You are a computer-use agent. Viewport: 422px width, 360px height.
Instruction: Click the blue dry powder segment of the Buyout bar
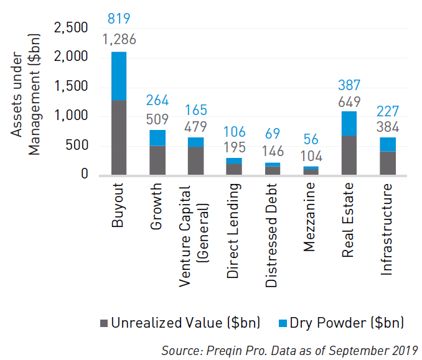point(119,76)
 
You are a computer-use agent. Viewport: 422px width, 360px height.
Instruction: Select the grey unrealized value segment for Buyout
point(119,137)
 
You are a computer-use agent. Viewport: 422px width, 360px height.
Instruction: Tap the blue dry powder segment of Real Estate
point(349,123)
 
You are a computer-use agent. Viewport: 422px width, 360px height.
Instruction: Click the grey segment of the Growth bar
point(157,160)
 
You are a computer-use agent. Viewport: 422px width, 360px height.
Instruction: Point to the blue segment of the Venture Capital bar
point(195,142)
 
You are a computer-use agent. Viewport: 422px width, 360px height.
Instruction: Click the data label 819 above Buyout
point(119,19)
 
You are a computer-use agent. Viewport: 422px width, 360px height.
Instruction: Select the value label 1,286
point(119,40)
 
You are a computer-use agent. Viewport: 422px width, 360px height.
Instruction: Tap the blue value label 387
point(349,86)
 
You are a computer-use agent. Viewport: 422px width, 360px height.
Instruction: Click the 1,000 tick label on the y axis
point(72,116)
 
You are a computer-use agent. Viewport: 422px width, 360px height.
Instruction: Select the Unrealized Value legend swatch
point(103,323)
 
